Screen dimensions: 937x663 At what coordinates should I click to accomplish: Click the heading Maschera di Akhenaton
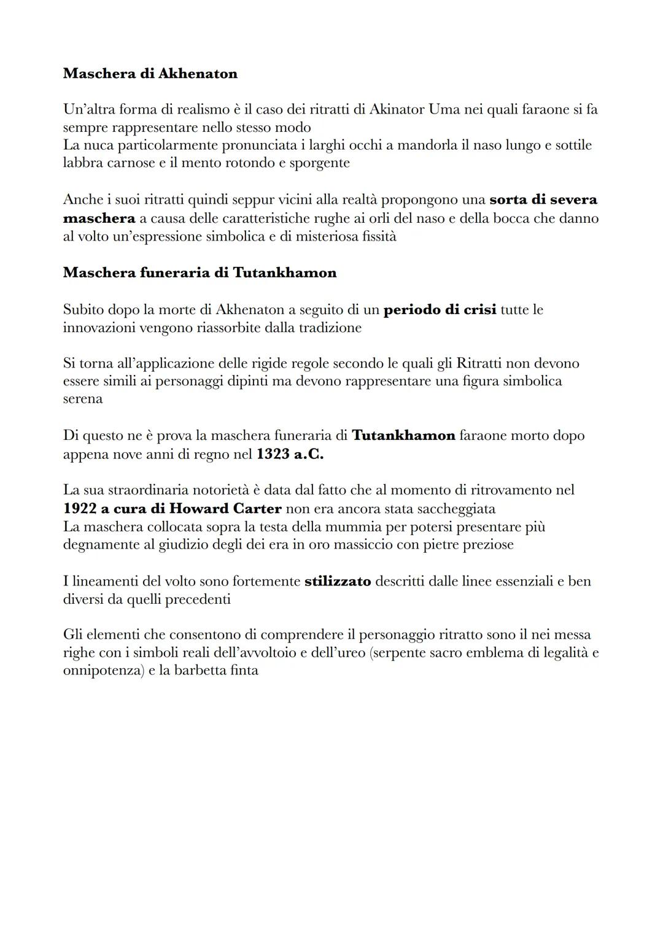(x=150, y=74)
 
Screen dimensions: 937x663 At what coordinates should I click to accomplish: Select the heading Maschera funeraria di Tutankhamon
(x=200, y=272)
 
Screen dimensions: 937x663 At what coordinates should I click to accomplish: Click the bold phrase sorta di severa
(x=543, y=200)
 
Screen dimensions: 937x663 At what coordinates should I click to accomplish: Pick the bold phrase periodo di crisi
(x=440, y=309)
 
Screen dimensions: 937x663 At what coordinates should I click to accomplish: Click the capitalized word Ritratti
(x=481, y=363)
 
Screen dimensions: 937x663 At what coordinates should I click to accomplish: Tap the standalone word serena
(x=83, y=399)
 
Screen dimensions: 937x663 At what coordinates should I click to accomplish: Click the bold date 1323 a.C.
(x=290, y=454)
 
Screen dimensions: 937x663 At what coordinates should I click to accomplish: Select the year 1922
(x=84, y=509)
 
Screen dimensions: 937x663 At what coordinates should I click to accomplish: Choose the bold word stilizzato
(x=338, y=581)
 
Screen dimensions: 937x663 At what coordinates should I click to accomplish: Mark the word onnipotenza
(x=102, y=670)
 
